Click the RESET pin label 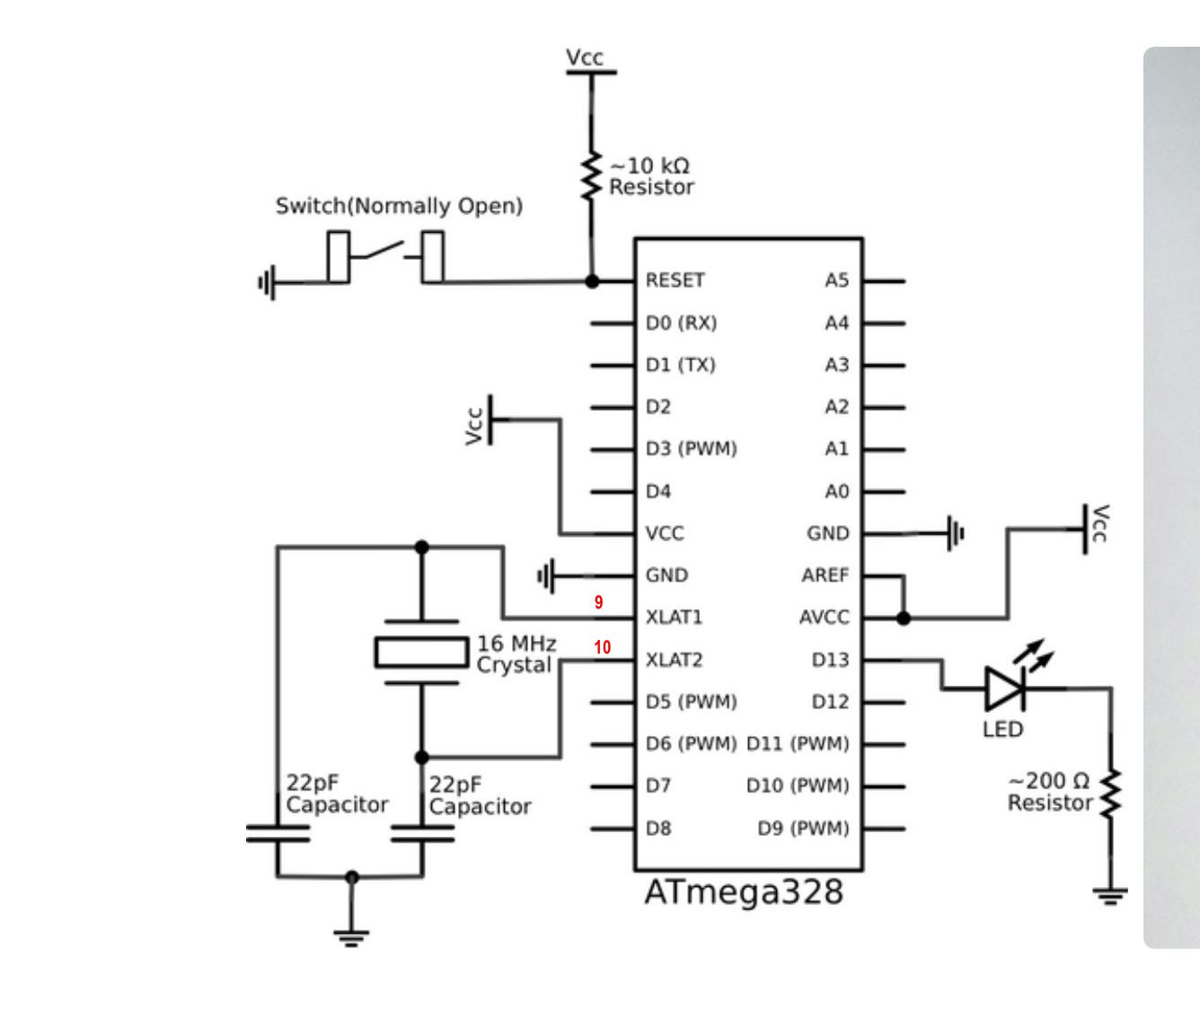[x=675, y=280]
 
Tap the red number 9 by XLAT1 [x=598, y=602]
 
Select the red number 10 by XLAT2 [x=602, y=647]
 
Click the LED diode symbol [x=1005, y=689]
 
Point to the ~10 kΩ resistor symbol [x=591, y=176]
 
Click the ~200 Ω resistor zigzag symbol [x=1111, y=794]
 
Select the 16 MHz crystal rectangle [x=421, y=652]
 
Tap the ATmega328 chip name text [x=744, y=892]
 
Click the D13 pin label [x=830, y=660]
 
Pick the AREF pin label [x=825, y=575]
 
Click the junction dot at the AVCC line [x=904, y=618]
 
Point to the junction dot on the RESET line [x=591, y=281]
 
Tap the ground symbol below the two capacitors [x=351, y=937]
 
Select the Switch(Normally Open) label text [x=399, y=206]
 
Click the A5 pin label [x=836, y=280]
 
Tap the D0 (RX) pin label [x=681, y=323]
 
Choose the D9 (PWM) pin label [x=803, y=828]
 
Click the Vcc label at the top [x=585, y=58]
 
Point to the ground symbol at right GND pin [x=956, y=533]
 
